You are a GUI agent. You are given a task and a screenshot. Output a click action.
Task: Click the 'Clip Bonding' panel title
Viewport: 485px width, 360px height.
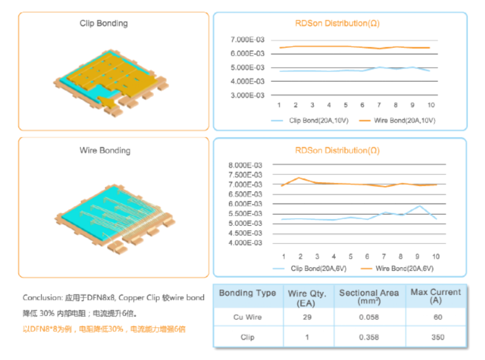(x=104, y=24)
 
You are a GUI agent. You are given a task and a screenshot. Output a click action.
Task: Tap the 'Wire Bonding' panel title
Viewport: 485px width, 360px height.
(x=105, y=150)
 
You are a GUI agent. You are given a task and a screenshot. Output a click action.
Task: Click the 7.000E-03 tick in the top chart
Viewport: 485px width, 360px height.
(x=248, y=40)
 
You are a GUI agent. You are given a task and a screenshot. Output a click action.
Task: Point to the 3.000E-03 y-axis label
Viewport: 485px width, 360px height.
(x=248, y=95)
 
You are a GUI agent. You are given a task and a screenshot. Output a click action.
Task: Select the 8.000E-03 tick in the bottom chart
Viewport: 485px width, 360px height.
(x=245, y=165)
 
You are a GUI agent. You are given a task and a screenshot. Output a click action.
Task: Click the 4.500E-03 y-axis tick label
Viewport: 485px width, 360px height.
(x=245, y=233)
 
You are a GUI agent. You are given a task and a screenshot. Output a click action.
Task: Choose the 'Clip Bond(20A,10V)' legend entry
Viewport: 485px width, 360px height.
(x=310, y=120)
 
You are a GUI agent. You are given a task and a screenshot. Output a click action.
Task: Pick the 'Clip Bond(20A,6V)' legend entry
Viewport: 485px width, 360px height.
(x=310, y=269)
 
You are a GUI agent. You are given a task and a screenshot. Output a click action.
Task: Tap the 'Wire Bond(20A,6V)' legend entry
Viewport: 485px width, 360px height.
(x=397, y=269)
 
